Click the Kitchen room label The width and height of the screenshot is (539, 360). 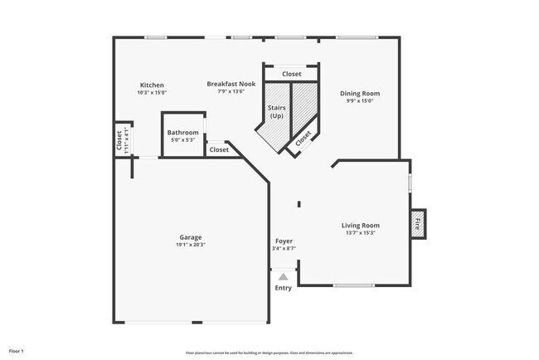152,85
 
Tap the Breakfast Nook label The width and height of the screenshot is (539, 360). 231,85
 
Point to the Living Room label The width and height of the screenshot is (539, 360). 360,226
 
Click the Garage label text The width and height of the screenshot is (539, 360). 191,237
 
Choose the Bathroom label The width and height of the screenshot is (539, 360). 182,133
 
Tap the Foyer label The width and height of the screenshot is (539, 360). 284,241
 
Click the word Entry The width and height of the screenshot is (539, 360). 284,289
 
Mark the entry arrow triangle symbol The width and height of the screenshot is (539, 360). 284,276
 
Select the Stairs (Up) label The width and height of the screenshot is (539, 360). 277,113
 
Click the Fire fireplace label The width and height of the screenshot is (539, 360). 417,222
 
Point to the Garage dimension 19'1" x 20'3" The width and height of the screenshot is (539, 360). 191,245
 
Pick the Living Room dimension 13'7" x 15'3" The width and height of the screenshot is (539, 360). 360,233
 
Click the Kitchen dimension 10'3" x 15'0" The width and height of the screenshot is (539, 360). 152,93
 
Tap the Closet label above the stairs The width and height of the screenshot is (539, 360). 291,75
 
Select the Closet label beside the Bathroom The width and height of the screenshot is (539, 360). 219,150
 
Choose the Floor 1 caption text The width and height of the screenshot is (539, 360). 17,352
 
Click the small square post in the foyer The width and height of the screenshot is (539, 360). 299,204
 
